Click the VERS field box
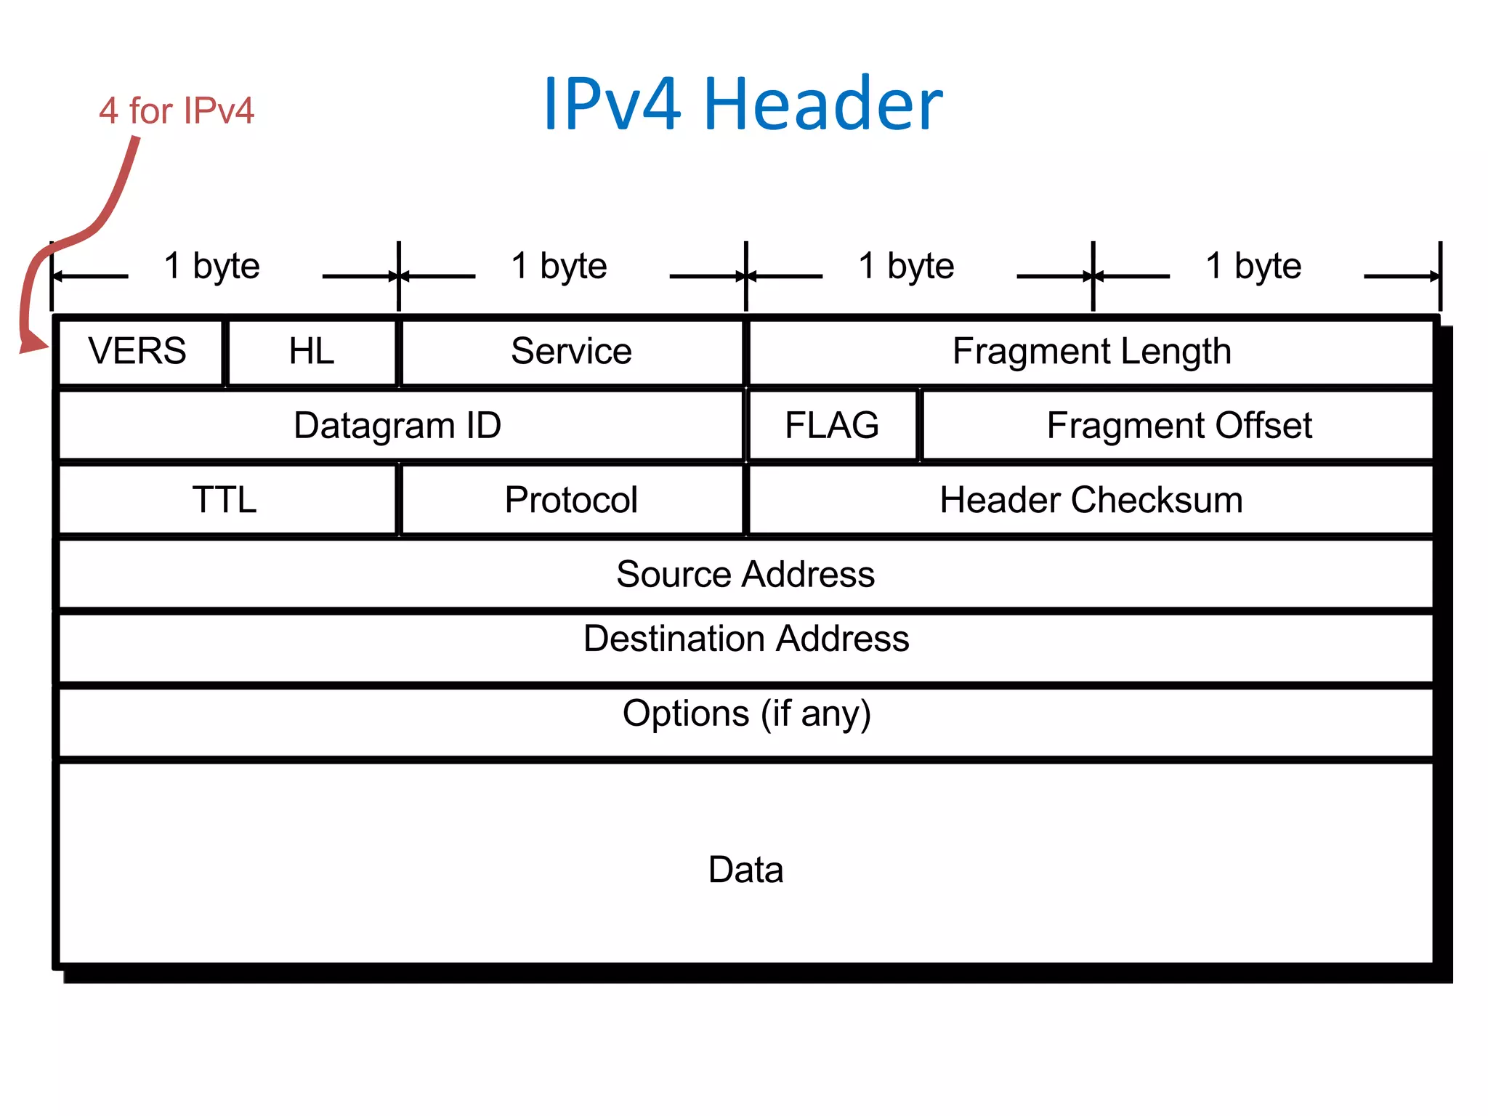(x=138, y=352)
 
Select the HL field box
(x=312, y=352)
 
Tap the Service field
(x=572, y=352)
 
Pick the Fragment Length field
(x=1091, y=352)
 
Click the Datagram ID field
(x=398, y=426)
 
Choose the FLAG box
(x=832, y=426)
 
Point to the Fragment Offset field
(x=1178, y=426)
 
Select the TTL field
(x=225, y=500)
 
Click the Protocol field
(x=572, y=500)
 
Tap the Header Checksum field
(x=1091, y=500)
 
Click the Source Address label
(x=745, y=574)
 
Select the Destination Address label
(x=746, y=639)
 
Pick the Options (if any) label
(x=746, y=713)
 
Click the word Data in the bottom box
(x=745, y=870)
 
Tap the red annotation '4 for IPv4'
(x=177, y=111)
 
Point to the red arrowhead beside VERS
(x=33, y=341)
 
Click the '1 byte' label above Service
(x=559, y=266)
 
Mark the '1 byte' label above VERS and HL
(x=211, y=266)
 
